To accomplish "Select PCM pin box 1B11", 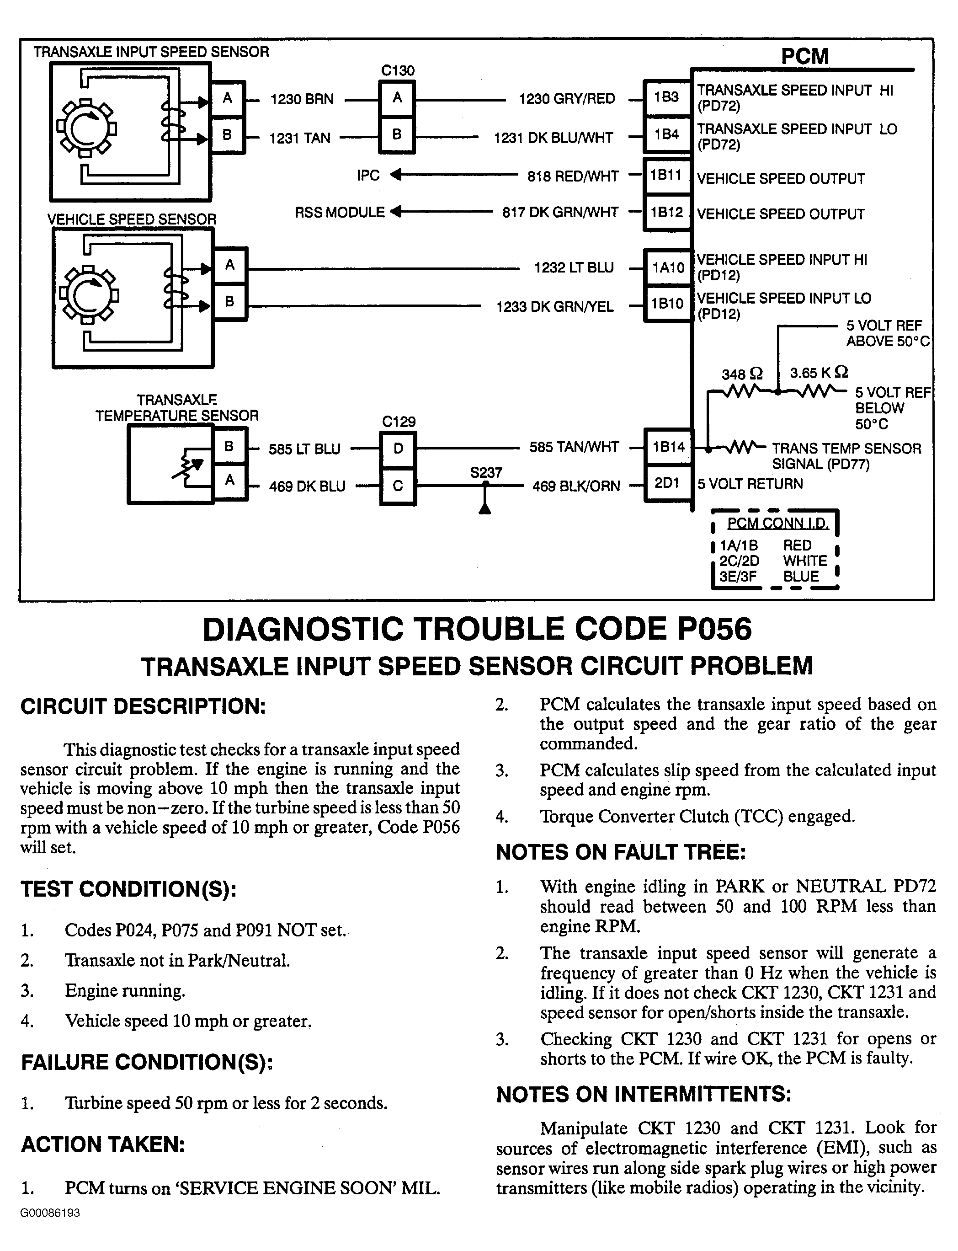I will pyautogui.click(x=666, y=175).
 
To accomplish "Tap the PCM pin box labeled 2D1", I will pyautogui.click(x=666, y=484).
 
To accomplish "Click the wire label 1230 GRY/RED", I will pyautogui.click(x=567, y=99).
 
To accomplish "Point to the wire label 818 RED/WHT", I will pyautogui.click(x=573, y=176).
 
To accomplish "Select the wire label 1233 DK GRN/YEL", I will pyautogui.click(x=555, y=307).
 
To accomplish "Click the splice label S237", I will pyautogui.click(x=486, y=472).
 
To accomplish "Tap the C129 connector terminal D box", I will pyautogui.click(x=398, y=449).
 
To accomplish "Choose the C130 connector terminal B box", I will pyautogui.click(x=397, y=134).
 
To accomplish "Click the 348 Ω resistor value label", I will pyautogui.click(x=742, y=374).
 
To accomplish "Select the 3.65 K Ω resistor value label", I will pyautogui.click(x=818, y=373).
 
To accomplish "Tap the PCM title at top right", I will pyautogui.click(x=804, y=57).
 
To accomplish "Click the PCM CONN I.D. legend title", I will pyautogui.click(x=777, y=523).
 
